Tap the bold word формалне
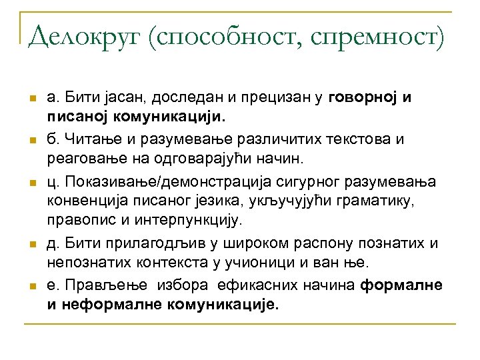401,285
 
